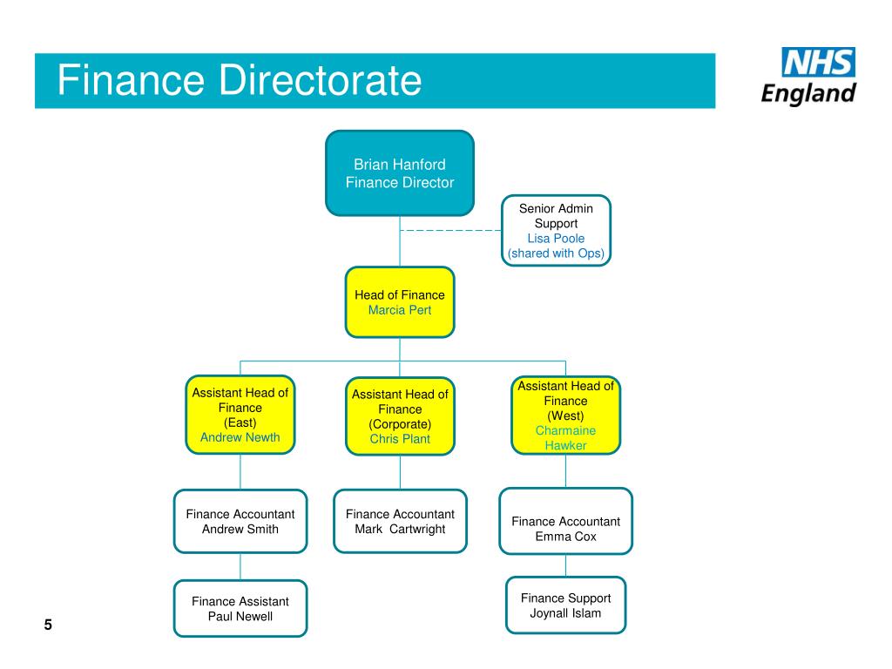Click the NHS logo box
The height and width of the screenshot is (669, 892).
818,62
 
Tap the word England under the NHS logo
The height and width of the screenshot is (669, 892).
808,93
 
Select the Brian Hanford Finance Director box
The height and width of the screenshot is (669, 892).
400,173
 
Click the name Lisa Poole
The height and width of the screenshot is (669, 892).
556,239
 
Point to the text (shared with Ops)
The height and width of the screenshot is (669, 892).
556,253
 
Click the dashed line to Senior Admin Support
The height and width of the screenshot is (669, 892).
450,230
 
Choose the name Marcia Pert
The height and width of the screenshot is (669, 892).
400,310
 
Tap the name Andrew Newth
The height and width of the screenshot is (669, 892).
240,437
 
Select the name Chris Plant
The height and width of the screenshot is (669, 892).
400,439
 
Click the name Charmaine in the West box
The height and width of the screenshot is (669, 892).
565,430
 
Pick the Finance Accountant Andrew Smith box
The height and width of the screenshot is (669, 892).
240,521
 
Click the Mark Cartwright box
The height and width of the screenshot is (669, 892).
400,521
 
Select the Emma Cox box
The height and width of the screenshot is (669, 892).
565,521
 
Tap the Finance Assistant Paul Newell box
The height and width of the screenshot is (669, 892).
240,608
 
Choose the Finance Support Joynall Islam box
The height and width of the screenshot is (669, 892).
565,605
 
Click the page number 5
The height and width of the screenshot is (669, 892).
48,625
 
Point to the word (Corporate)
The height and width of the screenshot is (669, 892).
400,424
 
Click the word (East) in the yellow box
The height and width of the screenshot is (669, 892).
240,422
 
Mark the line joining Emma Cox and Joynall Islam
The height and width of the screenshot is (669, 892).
565,565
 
